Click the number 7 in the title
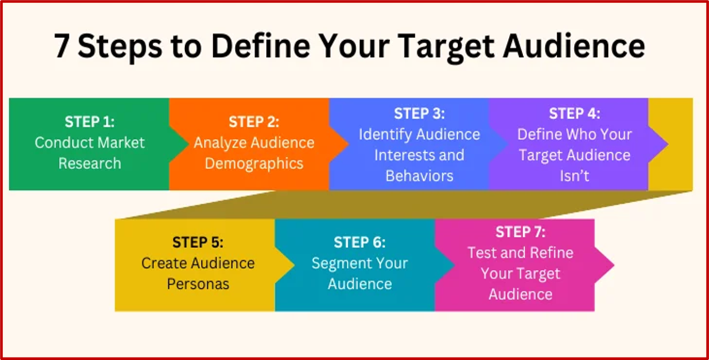[x=61, y=46]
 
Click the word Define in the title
[x=261, y=45]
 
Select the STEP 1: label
[x=90, y=122]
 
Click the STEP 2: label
[x=254, y=122]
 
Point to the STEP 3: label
[x=420, y=113]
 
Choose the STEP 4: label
[x=574, y=113]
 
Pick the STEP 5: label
[x=198, y=242]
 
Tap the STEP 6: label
[x=360, y=242]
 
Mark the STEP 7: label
[x=520, y=232]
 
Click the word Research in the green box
[x=90, y=163]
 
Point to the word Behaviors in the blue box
[x=420, y=176]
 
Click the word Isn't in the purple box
[x=574, y=176]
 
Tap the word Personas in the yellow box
[x=198, y=284]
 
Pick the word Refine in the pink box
[x=552, y=253]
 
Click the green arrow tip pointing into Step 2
[x=189, y=144]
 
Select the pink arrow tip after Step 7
[x=614, y=265]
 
